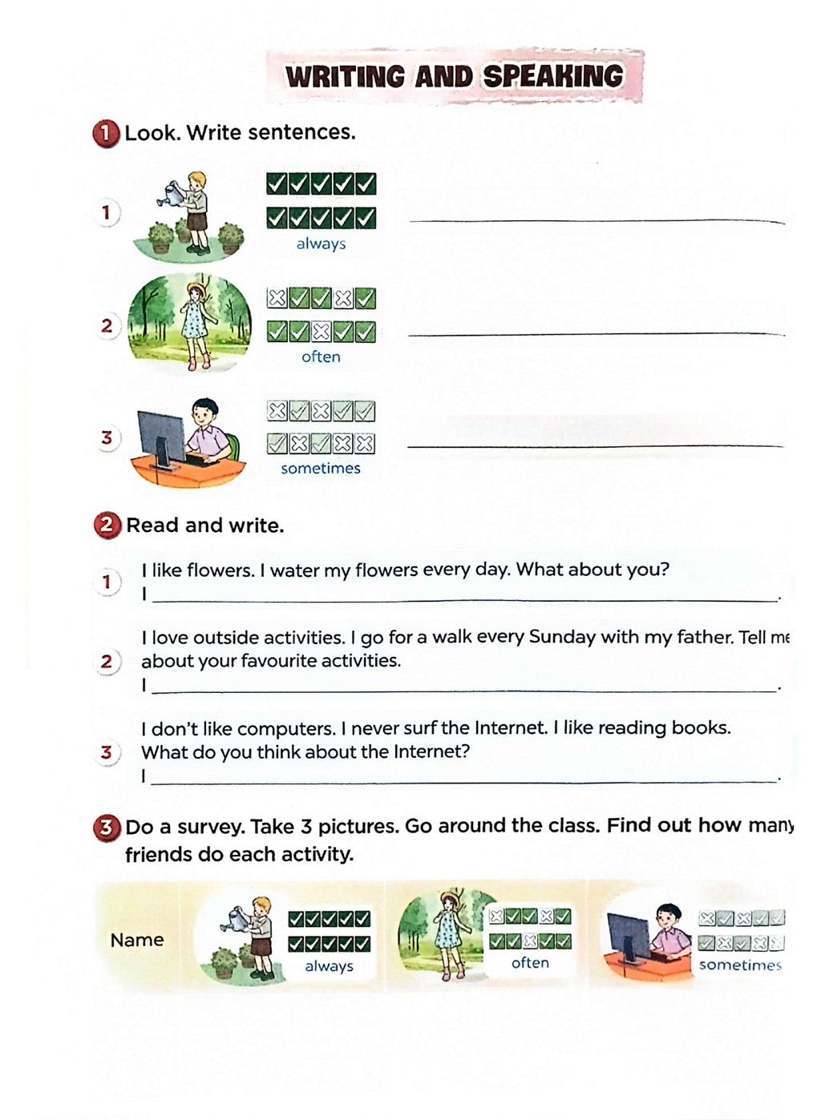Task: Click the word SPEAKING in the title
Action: point(553,76)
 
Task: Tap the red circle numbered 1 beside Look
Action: point(106,134)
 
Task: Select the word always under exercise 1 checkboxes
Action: point(322,244)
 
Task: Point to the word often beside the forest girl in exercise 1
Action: point(321,357)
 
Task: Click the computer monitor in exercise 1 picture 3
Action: point(161,440)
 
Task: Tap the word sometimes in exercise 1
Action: point(321,469)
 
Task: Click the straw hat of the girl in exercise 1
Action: point(196,289)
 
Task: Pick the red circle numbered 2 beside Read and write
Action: point(107,526)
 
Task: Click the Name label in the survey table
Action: point(137,940)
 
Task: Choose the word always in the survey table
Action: point(330,966)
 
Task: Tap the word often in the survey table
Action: point(530,962)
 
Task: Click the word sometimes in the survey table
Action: point(740,965)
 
